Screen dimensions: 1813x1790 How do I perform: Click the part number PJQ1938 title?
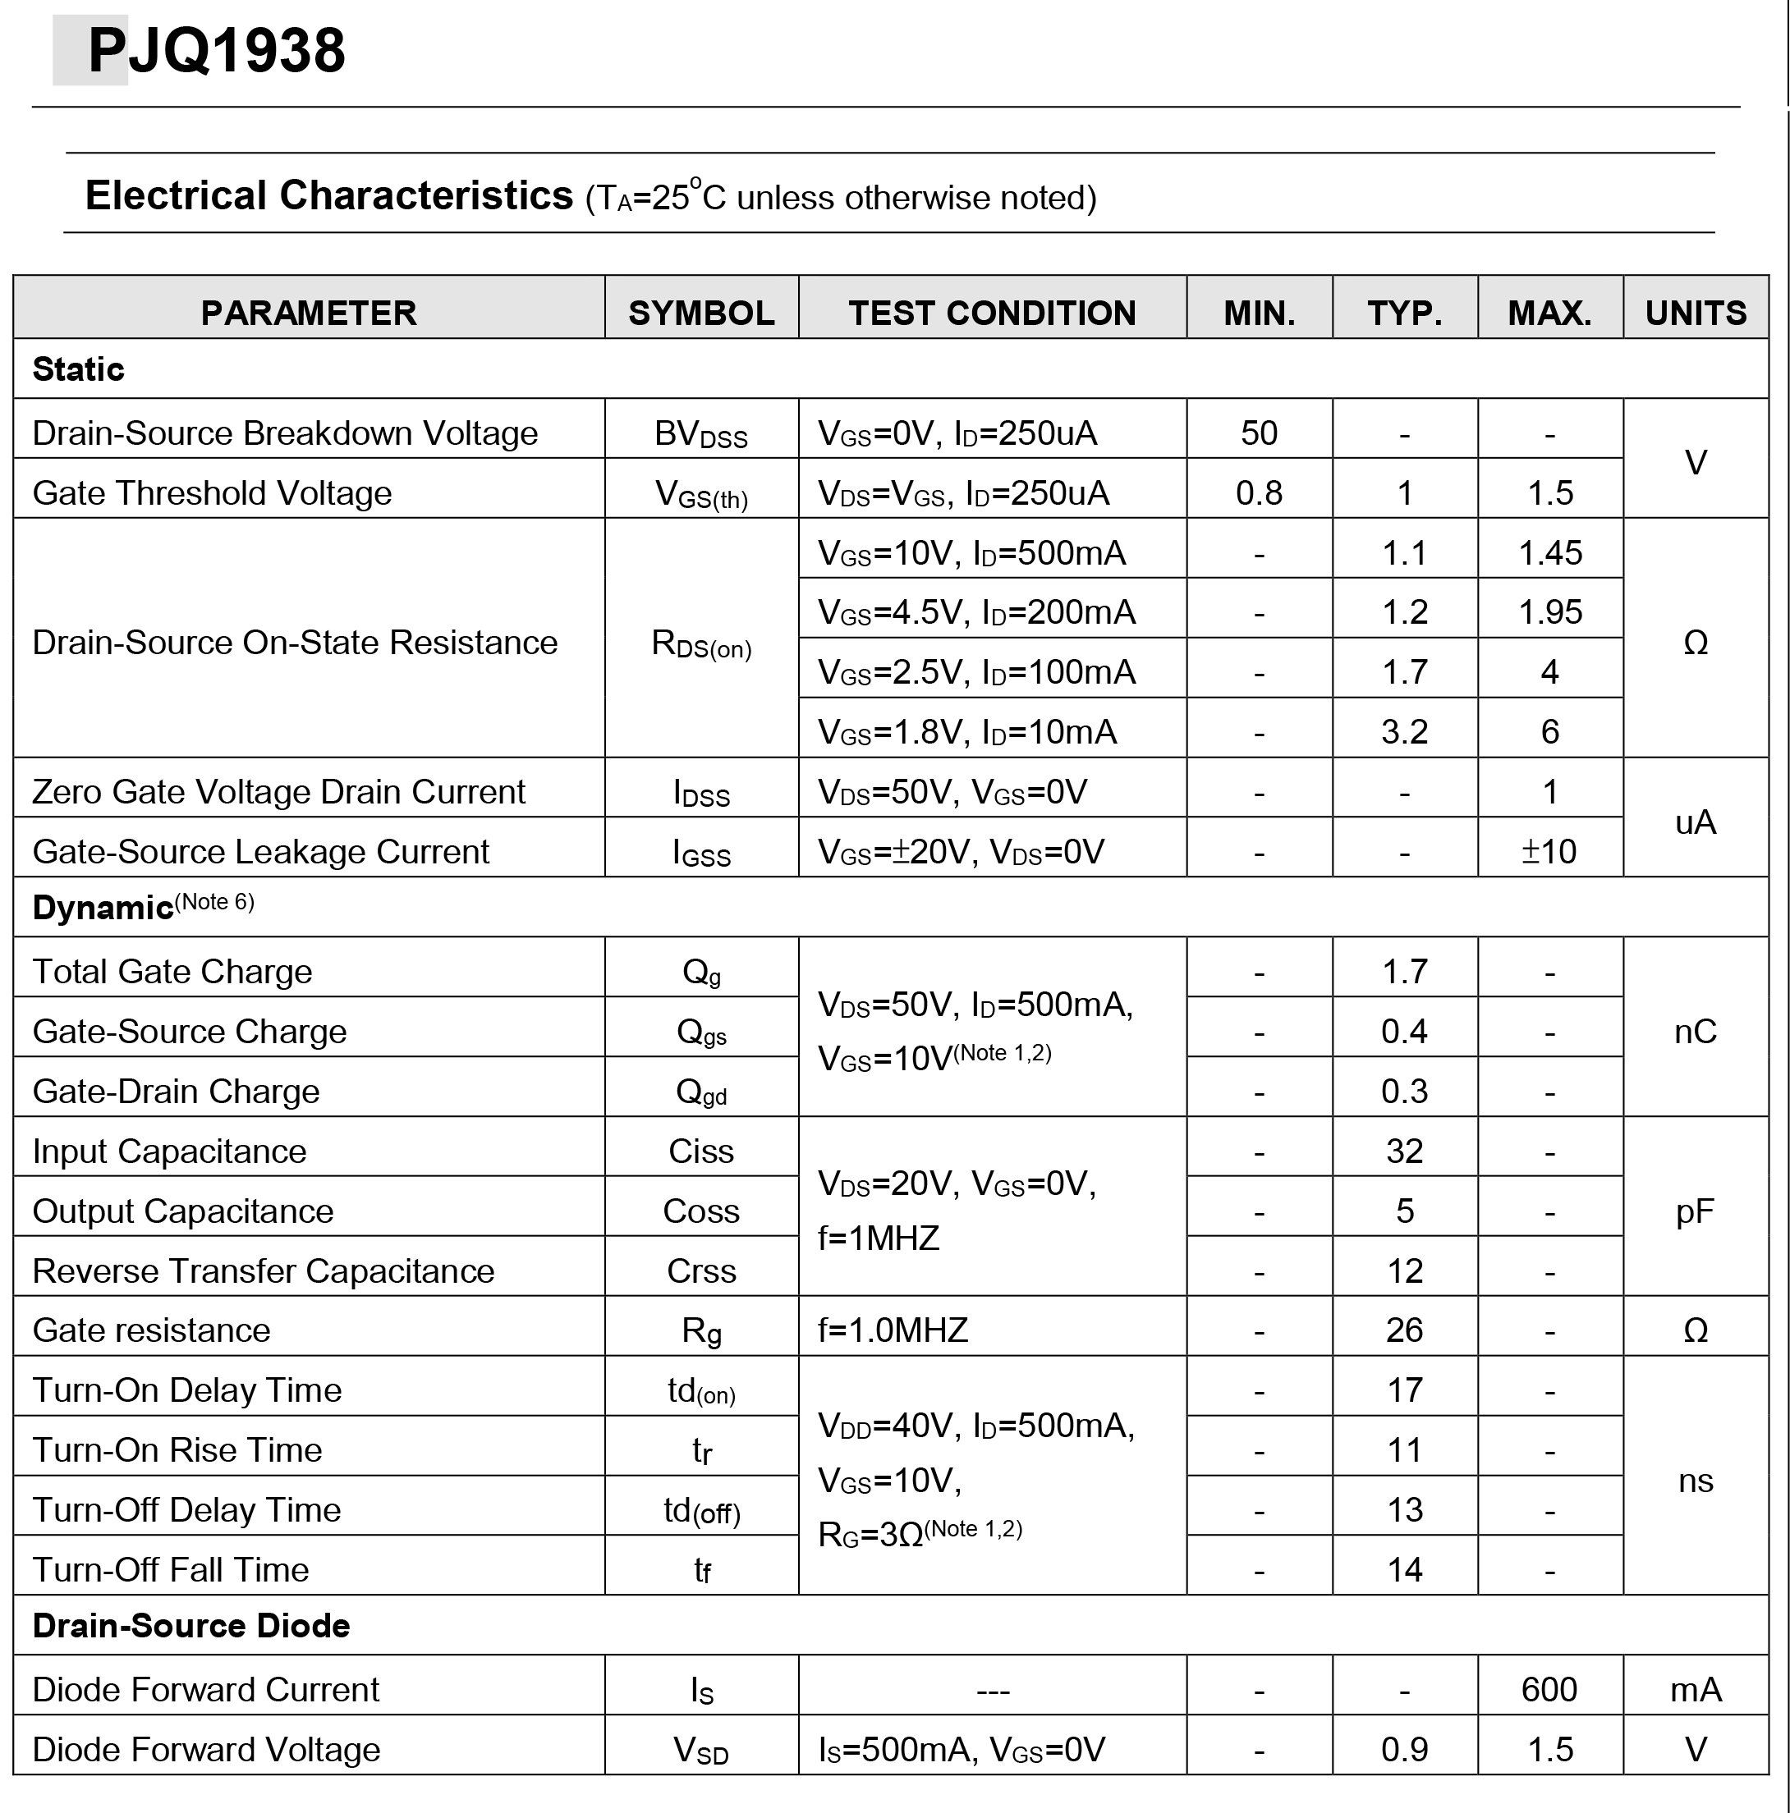coord(216,51)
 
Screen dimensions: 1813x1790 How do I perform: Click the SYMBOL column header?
coord(701,313)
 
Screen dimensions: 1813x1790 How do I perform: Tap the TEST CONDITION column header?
coord(992,313)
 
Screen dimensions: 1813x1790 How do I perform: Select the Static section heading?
coord(78,369)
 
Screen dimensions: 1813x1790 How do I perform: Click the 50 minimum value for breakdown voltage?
coord(1259,433)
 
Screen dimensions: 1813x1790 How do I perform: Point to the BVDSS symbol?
coord(701,434)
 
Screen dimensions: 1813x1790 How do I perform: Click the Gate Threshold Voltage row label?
coord(212,492)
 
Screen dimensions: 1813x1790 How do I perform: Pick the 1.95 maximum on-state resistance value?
coord(1549,611)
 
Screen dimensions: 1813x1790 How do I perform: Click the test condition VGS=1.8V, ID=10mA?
coord(966,731)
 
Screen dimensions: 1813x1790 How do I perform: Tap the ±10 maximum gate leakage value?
coord(1549,851)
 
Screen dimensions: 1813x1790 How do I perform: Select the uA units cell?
coord(1696,822)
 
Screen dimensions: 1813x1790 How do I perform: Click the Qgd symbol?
coord(701,1092)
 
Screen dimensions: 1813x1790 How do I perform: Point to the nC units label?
coord(1696,1032)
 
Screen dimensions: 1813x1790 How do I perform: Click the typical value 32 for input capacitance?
coord(1404,1151)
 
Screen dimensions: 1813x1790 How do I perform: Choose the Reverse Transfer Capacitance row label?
coord(263,1270)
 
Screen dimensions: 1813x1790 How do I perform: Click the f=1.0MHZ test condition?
coord(893,1330)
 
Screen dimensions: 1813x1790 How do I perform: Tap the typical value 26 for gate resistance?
coord(1404,1330)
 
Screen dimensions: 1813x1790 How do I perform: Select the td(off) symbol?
coord(701,1511)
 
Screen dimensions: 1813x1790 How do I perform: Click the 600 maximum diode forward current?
coord(1549,1689)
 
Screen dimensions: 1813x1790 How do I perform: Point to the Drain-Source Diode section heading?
coord(190,1625)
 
